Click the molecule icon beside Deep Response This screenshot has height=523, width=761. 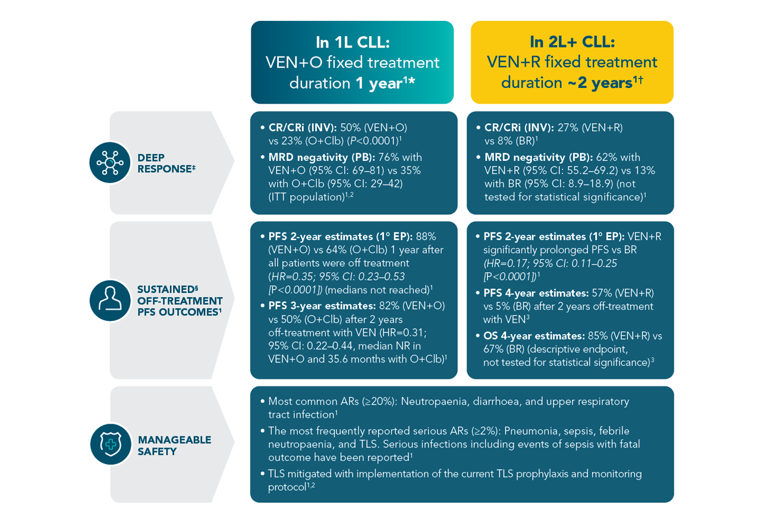(x=109, y=162)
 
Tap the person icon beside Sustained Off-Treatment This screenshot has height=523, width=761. (x=109, y=300)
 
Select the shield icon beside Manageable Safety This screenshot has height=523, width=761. (x=109, y=444)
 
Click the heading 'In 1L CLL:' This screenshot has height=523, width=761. (x=352, y=42)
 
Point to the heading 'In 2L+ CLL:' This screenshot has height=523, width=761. (x=572, y=42)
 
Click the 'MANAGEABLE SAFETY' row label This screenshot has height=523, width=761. (x=174, y=445)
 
